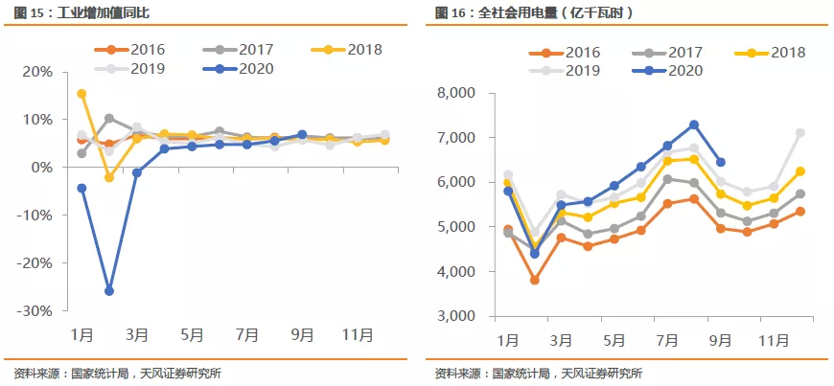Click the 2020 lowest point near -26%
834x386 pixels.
[109, 290]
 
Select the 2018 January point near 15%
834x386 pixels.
[81, 94]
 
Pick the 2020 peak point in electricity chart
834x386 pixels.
[694, 125]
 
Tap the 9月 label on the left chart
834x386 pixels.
[302, 336]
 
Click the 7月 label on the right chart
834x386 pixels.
[667, 340]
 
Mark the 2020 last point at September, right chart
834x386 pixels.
[721, 162]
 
